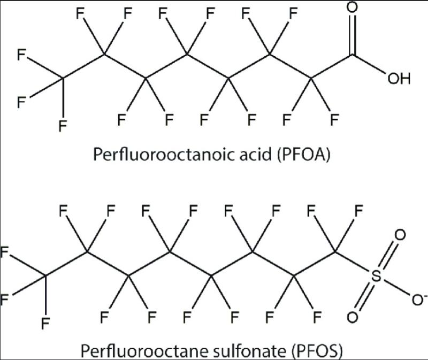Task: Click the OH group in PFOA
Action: (x=399, y=79)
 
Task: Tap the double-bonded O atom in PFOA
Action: (x=352, y=7)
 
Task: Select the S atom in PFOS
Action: (x=376, y=276)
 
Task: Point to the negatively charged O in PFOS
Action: (x=418, y=300)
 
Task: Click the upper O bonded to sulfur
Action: (x=400, y=235)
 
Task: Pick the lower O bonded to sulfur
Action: (x=353, y=317)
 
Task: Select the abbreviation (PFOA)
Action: (x=303, y=155)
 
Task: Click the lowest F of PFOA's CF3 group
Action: (x=63, y=126)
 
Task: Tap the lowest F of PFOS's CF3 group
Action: (x=45, y=324)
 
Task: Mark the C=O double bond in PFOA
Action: (x=352, y=35)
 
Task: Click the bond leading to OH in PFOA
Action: (x=369, y=64)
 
